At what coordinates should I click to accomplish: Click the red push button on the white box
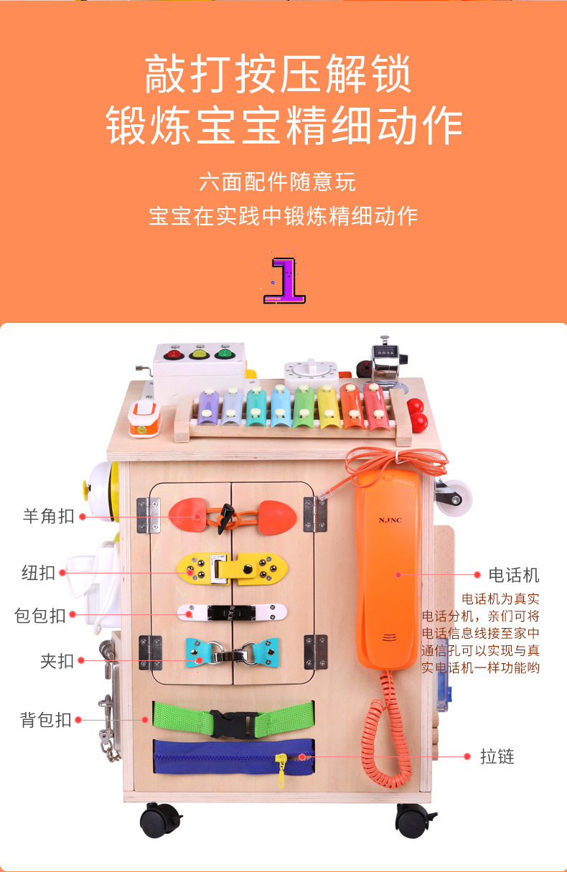pyautogui.click(x=173, y=353)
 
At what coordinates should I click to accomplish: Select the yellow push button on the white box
pyautogui.click(x=199, y=352)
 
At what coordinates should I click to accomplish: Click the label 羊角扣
pyautogui.click(x=48, y=515)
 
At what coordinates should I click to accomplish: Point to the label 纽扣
pyautogui.click(x=38, y=573)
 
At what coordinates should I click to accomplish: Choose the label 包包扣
pyautogui.click(x=40, y=615)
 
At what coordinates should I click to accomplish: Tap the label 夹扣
pyautogui.click(x=57, y=660)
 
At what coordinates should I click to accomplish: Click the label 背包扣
pyautogui.click(x=46, y=719)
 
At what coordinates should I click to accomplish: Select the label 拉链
pyautogui.click(x=497, y=756)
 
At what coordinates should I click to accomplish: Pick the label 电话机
pyautogui.click(x=513, y=574)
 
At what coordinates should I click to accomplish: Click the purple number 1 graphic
pyautogui.click(x=286, y=277)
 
